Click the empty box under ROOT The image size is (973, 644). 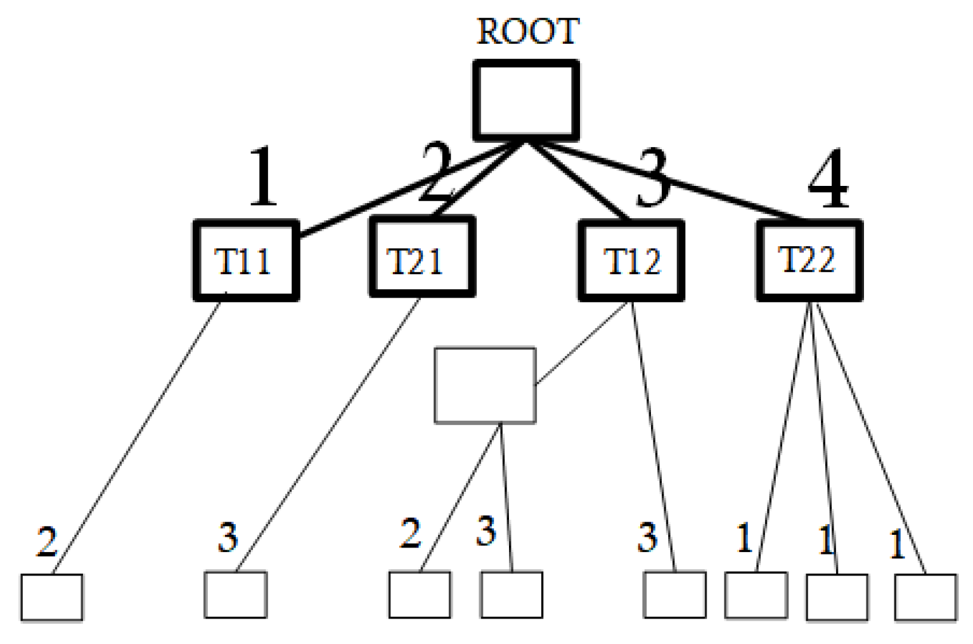tap(526, 100)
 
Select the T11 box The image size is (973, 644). tap(245, 260)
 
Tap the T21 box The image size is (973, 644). tap(422, 258)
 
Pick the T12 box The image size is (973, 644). tap(631, 260)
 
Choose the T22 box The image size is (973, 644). tap(809, 260)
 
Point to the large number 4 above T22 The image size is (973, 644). tap(828, 179)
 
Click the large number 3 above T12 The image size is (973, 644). tap(653, 179)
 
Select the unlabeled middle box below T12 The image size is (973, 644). tap(485, 385)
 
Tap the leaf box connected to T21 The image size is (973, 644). tap(235, 595)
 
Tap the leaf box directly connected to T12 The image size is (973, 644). tap(674, 595)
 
